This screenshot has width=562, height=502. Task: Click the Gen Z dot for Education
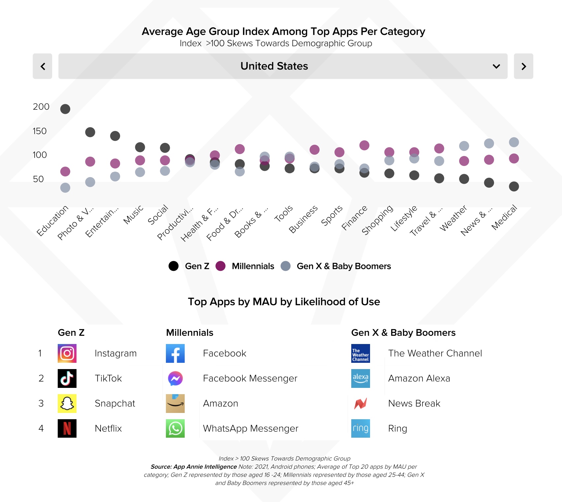tap(65, 109)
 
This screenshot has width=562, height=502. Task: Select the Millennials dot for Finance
tap(364, 145)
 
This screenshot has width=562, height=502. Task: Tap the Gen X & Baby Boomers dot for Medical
tap(514, 142)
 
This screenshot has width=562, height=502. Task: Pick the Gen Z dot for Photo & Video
tap(90, 132)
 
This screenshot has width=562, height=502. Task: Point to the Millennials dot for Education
tap(65, 172)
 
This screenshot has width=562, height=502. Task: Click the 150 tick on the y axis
tap(40, 131)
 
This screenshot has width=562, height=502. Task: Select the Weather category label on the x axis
tap(453, 218)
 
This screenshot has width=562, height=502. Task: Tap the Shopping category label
tap(378, 219)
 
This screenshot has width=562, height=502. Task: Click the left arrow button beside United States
tap(43, 66)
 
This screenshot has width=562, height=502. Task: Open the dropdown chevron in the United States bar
tap(496, 66)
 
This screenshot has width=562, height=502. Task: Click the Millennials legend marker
tap(220, 266)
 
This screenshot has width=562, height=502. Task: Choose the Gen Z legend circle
tap(173, 266)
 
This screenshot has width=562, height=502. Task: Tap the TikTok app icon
tap(67, 378)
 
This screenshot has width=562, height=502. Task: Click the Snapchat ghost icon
tap(67, 403)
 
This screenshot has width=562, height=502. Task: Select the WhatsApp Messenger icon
tap(175, 428)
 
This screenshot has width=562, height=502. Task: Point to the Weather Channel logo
tap(360, 353)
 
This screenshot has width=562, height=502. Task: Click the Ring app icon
tap(360, 428)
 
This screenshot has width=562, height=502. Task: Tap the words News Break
tap(414, 403)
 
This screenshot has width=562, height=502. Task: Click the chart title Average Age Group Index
tap(283, 31)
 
